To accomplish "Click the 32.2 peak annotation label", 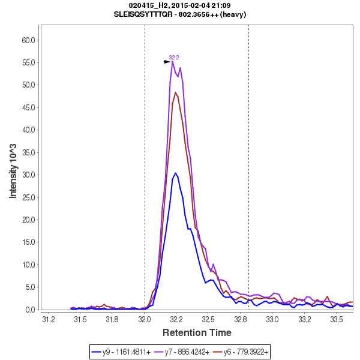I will click(174, 58).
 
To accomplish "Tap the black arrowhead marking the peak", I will click(168, 62).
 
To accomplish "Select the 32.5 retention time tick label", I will click(208, 319).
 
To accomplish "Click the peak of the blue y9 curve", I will click(175, 173).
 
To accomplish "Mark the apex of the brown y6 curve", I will click(176, 92).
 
